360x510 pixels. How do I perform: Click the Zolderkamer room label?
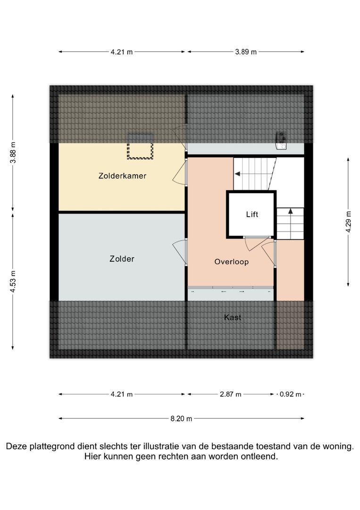point(122,176)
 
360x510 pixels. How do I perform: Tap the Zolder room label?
point(122,259)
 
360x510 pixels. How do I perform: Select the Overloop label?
point(231,262)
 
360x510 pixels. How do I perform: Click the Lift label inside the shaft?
point(252,214)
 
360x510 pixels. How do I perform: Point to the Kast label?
point(233,317)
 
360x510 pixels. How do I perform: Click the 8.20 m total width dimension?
point(182,418)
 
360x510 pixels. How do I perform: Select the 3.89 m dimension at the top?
point(246,52)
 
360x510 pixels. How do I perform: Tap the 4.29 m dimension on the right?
point(348,221)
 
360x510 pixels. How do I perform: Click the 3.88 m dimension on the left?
point(13,153)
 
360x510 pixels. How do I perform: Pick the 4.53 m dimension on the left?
point(13,281)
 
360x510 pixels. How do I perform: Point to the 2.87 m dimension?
point(231,394)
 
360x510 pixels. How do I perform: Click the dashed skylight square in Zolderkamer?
point(140,150)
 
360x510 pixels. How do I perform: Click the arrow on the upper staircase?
point(237,174)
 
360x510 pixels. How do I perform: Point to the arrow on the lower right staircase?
point(290,211)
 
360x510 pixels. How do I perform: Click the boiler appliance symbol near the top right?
point(281,140)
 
